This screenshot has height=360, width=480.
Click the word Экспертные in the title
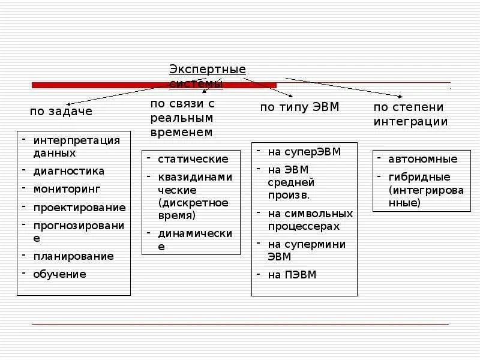208,70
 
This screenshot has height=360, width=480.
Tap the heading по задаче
61,111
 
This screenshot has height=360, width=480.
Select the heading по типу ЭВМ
299,107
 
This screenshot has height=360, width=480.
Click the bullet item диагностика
68,171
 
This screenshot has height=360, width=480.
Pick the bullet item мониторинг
67,189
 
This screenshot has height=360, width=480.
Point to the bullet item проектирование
79,208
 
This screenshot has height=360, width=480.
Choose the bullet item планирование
73,256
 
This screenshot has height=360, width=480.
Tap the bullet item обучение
59,274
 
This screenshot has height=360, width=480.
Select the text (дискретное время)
193,209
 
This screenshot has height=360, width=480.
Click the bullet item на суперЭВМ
304,152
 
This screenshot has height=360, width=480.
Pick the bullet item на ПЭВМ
292,275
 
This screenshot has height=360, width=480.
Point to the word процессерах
304,226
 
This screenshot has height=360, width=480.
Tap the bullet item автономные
422,159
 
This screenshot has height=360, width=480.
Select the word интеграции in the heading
410,122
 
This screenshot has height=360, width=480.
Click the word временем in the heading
181,131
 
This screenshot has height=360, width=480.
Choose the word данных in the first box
50,153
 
